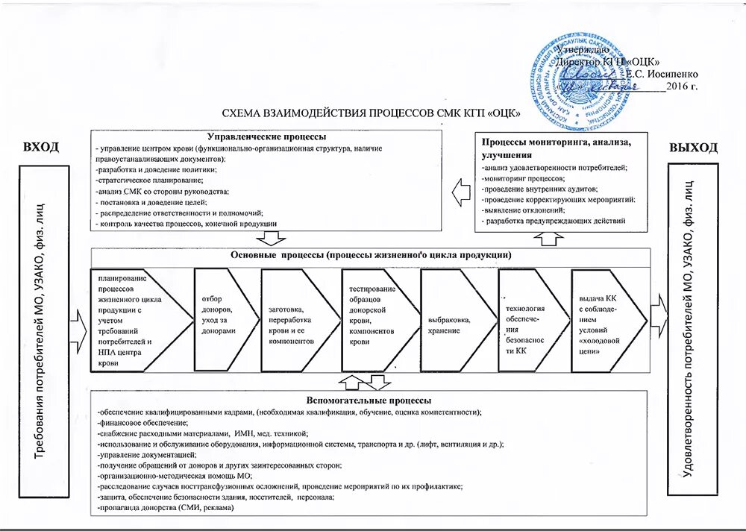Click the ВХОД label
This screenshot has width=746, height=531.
pos(40,147)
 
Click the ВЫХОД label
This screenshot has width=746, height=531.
pos(693,147)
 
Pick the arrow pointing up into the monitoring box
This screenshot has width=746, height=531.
pos(550,237)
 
